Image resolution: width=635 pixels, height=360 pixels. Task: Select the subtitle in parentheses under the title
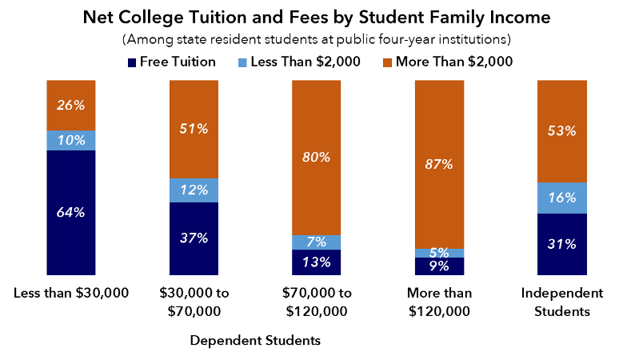317,38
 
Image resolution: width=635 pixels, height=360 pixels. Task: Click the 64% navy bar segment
70,212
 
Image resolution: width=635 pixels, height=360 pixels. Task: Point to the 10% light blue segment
70,140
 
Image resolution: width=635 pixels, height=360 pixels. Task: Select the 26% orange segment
70,106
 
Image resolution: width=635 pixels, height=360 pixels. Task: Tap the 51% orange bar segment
194,130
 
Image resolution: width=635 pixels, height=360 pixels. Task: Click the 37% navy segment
194,238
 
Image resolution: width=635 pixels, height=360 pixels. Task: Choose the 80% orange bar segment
317,158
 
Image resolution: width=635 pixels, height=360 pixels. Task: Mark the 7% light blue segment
317,242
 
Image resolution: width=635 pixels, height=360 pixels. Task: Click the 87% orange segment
440,165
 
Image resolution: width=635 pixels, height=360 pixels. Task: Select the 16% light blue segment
563,198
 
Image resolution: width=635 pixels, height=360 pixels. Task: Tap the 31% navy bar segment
563,244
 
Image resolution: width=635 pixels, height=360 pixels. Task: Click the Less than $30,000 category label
71,294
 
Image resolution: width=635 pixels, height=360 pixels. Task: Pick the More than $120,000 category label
440,302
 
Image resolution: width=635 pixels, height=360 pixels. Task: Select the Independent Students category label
563,302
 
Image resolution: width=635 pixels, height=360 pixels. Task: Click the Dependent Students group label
255,341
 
